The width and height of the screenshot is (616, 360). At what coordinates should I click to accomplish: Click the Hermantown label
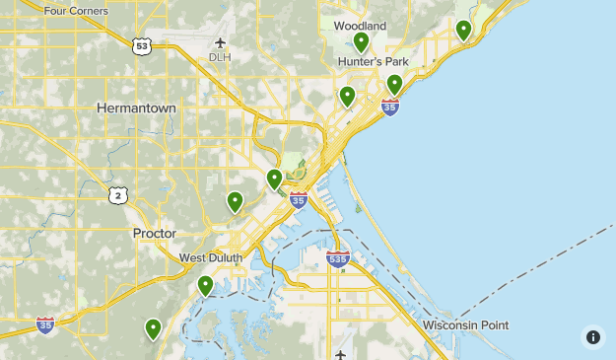click(136, 107)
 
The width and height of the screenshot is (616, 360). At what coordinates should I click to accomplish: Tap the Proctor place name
click(154, 234)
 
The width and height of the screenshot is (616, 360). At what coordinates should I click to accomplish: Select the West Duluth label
click(211, 258)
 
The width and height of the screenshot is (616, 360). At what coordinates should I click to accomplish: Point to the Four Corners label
click(76, 11)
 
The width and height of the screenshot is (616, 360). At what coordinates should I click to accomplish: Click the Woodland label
click(360, 26)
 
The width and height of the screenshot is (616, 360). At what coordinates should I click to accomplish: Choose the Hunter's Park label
click(374, 61)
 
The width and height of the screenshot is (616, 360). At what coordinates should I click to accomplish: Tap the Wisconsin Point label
click(466, 324)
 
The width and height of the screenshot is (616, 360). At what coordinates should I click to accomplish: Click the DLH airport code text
click(219, 57)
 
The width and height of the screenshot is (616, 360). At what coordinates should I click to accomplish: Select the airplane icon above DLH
click(219, 42)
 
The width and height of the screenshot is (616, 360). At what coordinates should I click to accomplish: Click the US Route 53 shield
click(144, 45)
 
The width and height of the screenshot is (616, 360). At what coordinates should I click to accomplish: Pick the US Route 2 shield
click(118, 195)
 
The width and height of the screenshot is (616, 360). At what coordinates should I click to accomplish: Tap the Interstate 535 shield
click(338, 259)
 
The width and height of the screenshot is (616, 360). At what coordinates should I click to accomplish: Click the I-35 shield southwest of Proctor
click(45, 324)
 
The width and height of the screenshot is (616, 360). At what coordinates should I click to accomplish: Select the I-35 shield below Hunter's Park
click(390, 107)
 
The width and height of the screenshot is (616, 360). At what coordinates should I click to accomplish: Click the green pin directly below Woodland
click(362, 41)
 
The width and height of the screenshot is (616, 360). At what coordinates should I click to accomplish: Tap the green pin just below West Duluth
click(205, 285)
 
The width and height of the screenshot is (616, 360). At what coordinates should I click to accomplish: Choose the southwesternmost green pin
click(153, 328)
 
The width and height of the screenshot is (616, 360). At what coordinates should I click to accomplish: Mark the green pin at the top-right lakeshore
click(463, 31)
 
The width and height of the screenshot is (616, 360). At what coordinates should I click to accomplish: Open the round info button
click(592, 336)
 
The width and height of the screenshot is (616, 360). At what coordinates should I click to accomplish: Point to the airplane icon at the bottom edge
click(340, 354)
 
